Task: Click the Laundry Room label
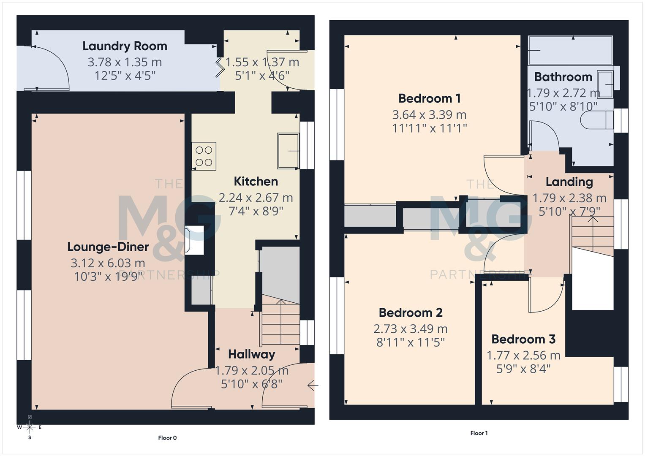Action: click(125, 46)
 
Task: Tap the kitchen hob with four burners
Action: click(204, 156)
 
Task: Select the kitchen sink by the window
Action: click(288, 151)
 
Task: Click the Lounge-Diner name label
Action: click(108, 247)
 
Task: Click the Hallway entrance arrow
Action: click(313, 385)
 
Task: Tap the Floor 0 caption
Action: click(167, 438)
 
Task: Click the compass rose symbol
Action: click(30, 427)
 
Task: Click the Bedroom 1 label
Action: click(429, 98)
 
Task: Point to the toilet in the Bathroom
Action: click(596, 120)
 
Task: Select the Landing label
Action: click(569, 182)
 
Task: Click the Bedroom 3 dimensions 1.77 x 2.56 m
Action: click(523, 356)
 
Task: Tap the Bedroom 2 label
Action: click(410, 313)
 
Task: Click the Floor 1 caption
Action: click(479, 433)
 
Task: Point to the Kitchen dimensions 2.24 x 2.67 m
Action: click(256, 198)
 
